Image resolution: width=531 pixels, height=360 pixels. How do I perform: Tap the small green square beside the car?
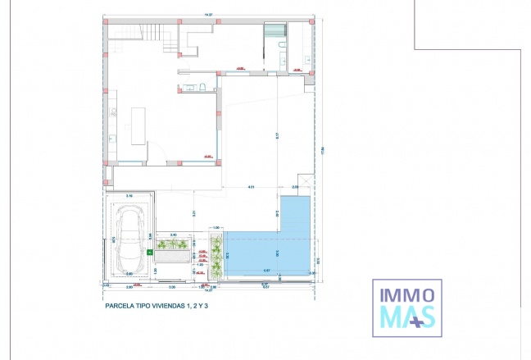(149, 253)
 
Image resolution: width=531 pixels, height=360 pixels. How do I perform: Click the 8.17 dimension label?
(277, 135)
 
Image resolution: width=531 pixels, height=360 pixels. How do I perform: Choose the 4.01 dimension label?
(252, 187)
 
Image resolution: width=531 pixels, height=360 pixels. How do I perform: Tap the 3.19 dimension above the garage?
(129, 196)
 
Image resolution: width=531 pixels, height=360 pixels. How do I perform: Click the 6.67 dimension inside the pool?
(267, 271)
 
